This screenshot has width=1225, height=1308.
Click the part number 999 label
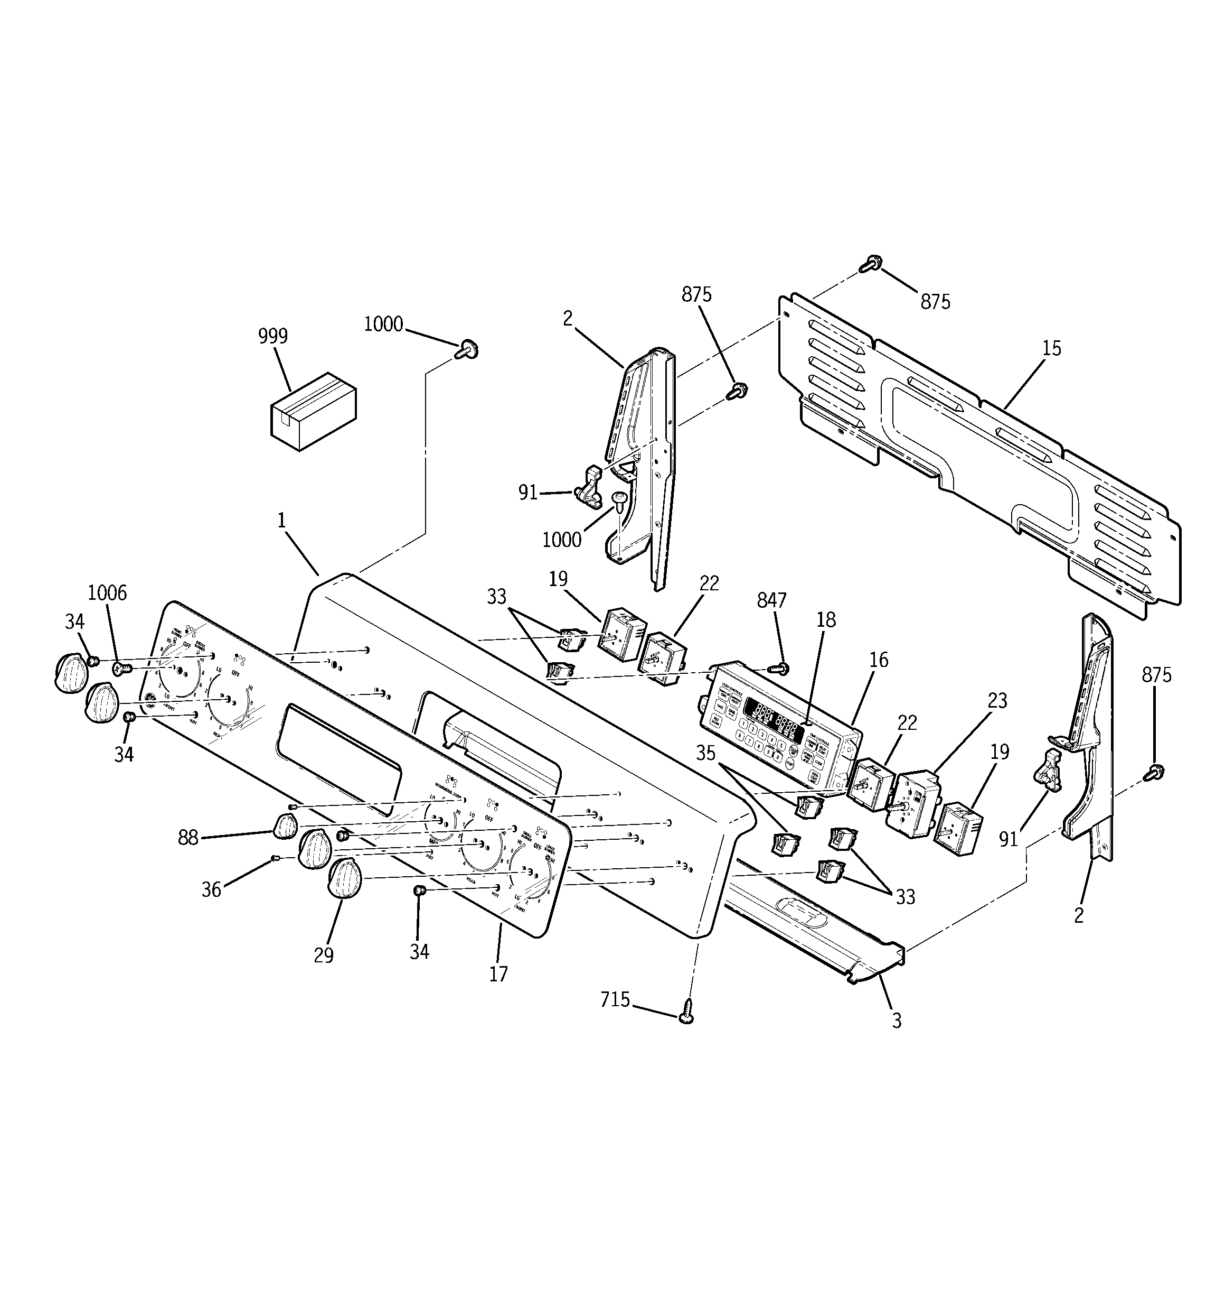pyautogui.click(x=273, y=336)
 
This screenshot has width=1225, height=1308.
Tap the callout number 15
pyautogui.click(x=1051, y=348)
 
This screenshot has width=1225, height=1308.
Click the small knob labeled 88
pyautogui.click(x=284, y=825)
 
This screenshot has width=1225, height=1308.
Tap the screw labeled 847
pyautogui.click(x=781, y=669)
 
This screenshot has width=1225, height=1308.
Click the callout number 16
pyautogui.click(x=879, y=660)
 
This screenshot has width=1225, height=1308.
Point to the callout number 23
pyautogui.click(x=997, y=701)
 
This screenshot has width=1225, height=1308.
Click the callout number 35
pyautogui.click(x=705, y=753)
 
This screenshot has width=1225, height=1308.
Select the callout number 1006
pyautogui.click(x=107, y=593)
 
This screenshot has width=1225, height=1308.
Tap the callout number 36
pyautogui.click(x=211, y=889)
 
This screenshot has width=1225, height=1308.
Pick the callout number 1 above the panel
pyautogui.click(x=281, y=521)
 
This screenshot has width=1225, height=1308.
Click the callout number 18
pyautogui.click(x=826, y=619)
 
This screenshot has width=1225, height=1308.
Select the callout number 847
pyautogui.click(x=771, y=600)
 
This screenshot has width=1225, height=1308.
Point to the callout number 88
pyautogui.click(x=188, y=838)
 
